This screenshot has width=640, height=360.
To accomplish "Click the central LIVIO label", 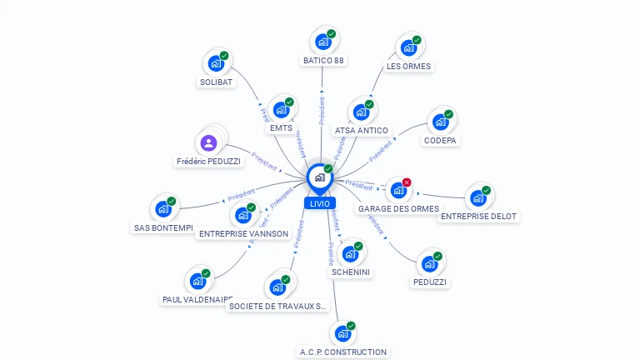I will pos(319,203).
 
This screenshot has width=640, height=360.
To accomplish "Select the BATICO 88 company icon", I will pos(322,42).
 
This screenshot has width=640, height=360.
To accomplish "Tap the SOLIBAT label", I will pos(216,82).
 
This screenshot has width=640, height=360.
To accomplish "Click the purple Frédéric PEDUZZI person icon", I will pos(208,142).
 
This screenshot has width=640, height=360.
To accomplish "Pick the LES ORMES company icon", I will pos(408,47).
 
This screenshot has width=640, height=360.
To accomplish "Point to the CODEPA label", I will pos(442,141).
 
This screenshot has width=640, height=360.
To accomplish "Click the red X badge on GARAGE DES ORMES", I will pos(407,182).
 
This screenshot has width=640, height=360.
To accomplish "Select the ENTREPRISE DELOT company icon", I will pos(477,197).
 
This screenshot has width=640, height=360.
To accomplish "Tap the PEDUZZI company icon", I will pos(429,264).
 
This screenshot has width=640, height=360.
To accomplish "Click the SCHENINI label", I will pos(351,272).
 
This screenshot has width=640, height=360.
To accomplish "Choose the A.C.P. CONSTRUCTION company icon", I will pos(342,333).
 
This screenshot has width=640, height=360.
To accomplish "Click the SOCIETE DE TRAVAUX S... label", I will pos(277,306).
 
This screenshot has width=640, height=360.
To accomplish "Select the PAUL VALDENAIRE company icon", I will pos(197,281).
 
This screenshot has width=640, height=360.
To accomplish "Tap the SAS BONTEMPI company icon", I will pos(162,209).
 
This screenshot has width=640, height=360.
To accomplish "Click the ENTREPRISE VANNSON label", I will pos(243,234).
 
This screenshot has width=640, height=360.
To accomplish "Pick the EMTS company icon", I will pos(281,110).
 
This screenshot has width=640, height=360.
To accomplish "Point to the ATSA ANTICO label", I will pos(361,130).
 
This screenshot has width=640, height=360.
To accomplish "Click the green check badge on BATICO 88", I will pos(332,34).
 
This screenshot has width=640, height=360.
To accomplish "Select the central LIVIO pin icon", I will pos(318,177).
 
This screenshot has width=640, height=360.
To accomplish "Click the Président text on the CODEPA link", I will pos(380,150).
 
